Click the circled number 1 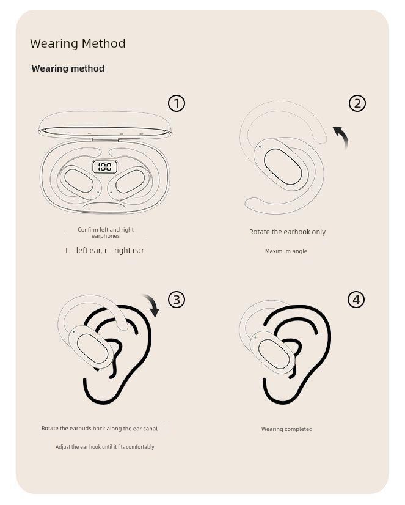click(x=177, y=103)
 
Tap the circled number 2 click(x=357, y=103)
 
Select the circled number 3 click(x=177, y=300)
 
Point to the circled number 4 click(x=356, y=300)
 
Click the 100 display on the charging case click(x=105, y=167)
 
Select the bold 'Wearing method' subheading click(x=68, y=68)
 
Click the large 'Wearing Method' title click(x=78, y=43)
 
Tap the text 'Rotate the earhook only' click(x=287, y=232)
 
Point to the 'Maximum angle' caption click(x=286, y=251)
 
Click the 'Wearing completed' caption click(x=286, y=429)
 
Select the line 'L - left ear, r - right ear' click(x=104, y=250)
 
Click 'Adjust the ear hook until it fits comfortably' click(x=105, y=447)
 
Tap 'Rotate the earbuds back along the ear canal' click(x=100, y=429)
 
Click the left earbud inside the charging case click(x=79, y=180)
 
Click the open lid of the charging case click(x=105, y=125)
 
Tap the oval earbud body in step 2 click(x=283, y=166)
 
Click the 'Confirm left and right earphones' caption click(x=106, y=232)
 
